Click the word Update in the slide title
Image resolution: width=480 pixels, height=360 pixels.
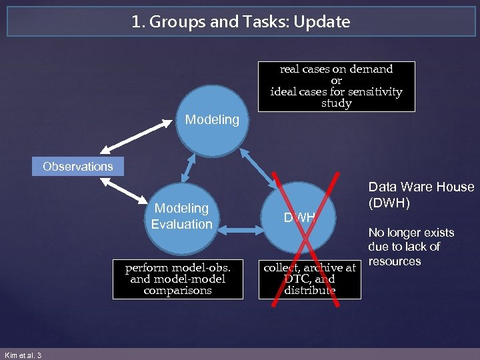pyautogui.click(x=325, y=22)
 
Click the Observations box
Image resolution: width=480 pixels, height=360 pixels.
pyautogui.click(x=78, y=166)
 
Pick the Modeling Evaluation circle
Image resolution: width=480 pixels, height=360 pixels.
pyautogui.click(x=181, y=216)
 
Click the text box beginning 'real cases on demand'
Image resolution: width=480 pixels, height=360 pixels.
pyautogui.click(x=336, y=86)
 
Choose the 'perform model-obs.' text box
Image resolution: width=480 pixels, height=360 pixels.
pyautogui.click(x=177, y=279)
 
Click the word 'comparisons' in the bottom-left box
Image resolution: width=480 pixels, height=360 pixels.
pyautogui.click(x=177, y=291)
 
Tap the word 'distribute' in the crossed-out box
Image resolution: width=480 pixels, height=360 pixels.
pyautogui.click(x=309, y=291)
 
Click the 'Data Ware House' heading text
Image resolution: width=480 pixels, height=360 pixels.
pyautogui.click(x=421, y=187)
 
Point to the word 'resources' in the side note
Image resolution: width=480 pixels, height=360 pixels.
pyautogui.click(x=395, y=261)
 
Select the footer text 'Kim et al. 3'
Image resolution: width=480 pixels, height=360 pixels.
pyautogui.click(x=23, y=355)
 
